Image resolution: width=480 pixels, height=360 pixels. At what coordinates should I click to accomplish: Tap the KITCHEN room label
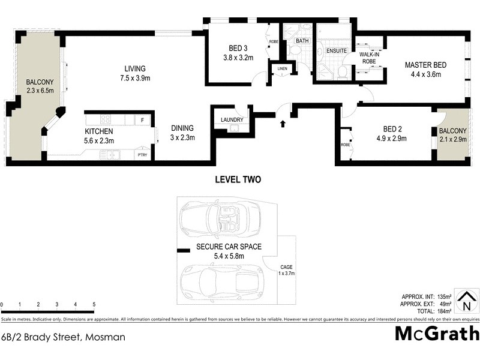[x=99, y=131]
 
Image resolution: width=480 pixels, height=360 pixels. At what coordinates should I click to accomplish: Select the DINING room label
[x=182, y=128]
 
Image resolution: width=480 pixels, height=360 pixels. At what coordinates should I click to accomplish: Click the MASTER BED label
[x=425, y=65]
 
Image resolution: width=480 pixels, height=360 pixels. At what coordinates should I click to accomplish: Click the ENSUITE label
[x=337, y=51]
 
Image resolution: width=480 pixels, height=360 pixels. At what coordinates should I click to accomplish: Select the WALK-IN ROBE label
[x=368, y=58]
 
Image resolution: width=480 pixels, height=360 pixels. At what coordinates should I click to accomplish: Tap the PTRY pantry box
[x=142, y=155]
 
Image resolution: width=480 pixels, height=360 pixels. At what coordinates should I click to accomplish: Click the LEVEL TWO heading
[x=238, y=179]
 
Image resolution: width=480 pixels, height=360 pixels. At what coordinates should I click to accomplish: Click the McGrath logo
[x=436, y=333]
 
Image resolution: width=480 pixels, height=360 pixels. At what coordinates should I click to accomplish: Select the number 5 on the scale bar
[x=94, y=305]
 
